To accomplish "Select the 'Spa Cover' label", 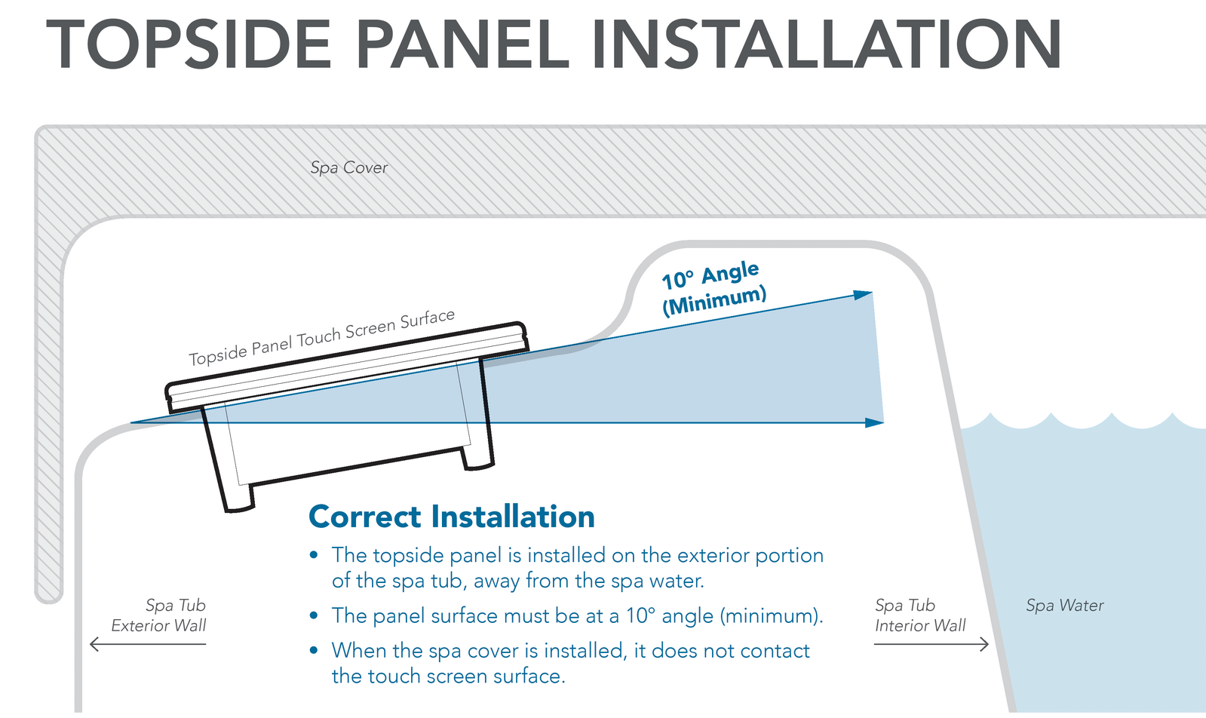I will tap(348, 167).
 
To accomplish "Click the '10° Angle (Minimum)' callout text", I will tap(713, 288).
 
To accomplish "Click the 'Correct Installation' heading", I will tap(451, 517).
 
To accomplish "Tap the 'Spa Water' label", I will tap(1064, 605).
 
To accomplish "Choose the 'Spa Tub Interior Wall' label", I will tap(919, 615).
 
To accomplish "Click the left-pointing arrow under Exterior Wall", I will tap(147, 644).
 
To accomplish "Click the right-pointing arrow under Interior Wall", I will tap(931, 644).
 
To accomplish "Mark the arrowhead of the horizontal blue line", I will tap(875, 423).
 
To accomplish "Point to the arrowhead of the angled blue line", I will tap(864, 295).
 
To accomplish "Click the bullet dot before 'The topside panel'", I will tap(314, 556).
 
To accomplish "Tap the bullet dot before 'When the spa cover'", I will tap(314, 651).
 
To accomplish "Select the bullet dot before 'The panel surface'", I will tap(314, 616).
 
